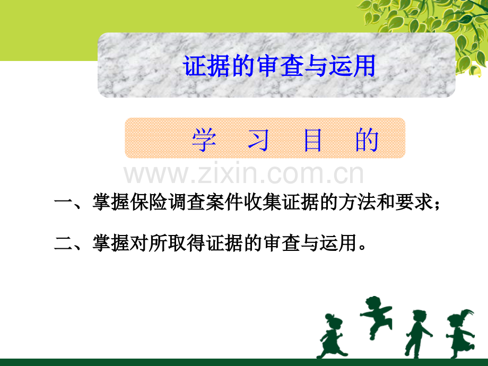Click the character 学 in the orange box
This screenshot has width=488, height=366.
[204, 140]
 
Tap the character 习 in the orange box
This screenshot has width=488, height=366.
[258, 140]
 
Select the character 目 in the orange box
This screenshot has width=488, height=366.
[312, 140]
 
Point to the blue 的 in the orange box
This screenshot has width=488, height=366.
[367, 140]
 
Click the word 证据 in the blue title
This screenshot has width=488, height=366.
[207, 66]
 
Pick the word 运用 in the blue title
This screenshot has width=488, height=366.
[352, 66]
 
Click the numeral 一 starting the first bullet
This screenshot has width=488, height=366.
[63, 202]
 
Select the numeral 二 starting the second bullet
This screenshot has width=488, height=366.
[63, 243]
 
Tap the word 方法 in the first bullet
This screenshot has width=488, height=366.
[358, 202]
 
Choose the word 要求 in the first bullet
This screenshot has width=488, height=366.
[414, 202]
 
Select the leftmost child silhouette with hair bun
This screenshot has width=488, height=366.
[332, 336]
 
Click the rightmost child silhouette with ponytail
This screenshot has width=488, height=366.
[460, 334]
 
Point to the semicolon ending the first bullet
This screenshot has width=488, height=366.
[437, 205]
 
